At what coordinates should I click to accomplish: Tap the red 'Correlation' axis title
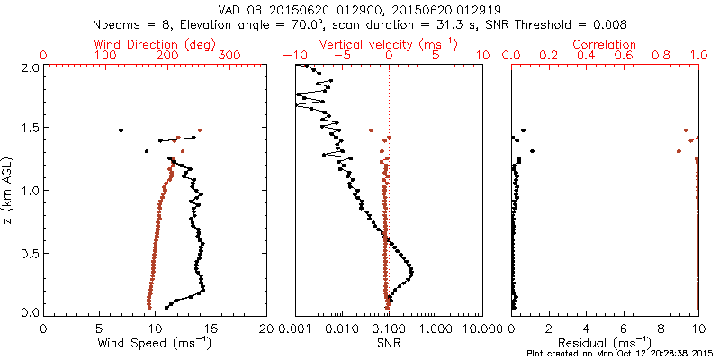pos(605,44)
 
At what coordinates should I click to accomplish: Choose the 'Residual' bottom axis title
pos(605,343)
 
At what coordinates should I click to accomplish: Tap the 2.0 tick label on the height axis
pos(30,67)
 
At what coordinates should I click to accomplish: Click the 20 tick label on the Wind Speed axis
pos(266,328)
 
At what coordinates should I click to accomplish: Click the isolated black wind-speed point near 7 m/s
pos(121,130)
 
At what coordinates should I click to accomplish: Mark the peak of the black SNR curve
pos(411,271)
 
